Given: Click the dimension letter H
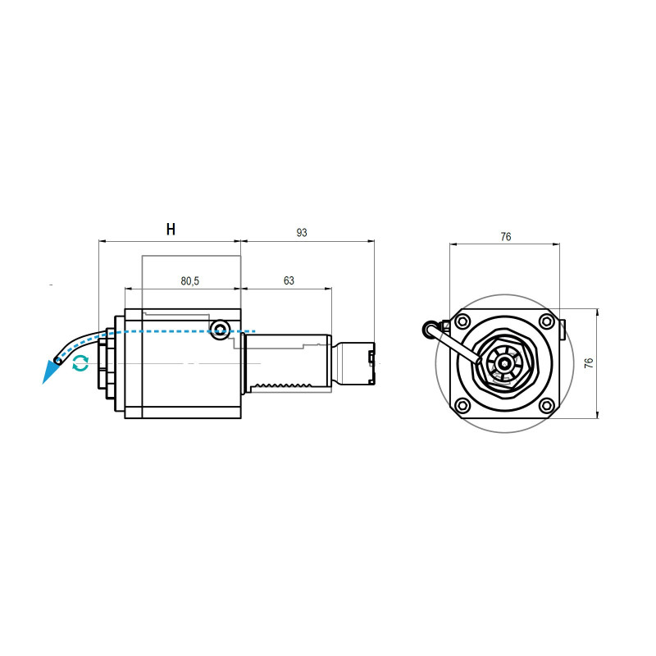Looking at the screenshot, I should [x=171, y=229].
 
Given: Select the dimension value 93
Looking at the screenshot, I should [x=302, y=233].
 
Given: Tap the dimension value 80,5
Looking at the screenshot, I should [x=189, y=280].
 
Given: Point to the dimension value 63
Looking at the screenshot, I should [x=289, y=280].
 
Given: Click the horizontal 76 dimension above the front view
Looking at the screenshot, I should [x=506, y=236].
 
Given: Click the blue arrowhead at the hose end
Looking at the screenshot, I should [x=51, y=373].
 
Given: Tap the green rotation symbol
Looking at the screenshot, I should [x=80, y=363].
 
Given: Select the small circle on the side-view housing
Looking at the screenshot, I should [x=219, y=330].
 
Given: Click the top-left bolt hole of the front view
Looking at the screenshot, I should [x=462, y=321].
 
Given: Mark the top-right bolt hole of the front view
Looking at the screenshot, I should [x=545, y=321].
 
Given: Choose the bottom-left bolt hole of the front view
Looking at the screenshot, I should [x=462, y=404].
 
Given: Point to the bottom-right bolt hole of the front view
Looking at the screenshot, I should [x=545, y=404].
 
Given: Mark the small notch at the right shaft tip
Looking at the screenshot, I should [x=372, y=357].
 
